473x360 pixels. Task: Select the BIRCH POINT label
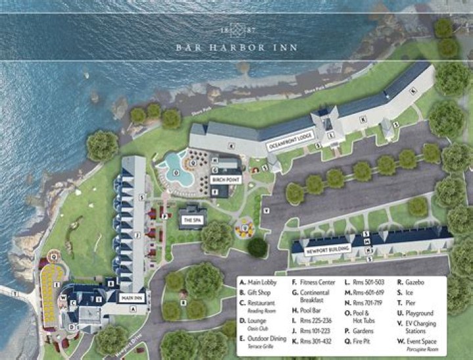point(225,179)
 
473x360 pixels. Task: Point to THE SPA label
point(192,220)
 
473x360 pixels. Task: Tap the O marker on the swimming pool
point(175,175)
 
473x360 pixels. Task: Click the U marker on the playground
point(245,228)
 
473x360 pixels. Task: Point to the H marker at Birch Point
point(215,160)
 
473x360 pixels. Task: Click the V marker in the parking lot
point(267,210)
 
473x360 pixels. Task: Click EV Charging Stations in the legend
point(420,326)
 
